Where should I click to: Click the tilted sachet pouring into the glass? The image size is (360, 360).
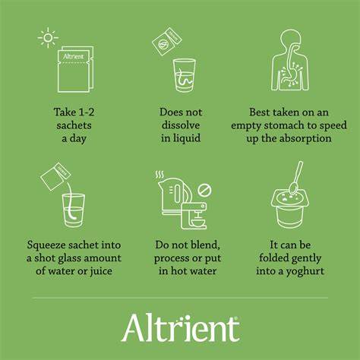(54, 177)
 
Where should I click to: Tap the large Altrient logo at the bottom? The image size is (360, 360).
(179, 328)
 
